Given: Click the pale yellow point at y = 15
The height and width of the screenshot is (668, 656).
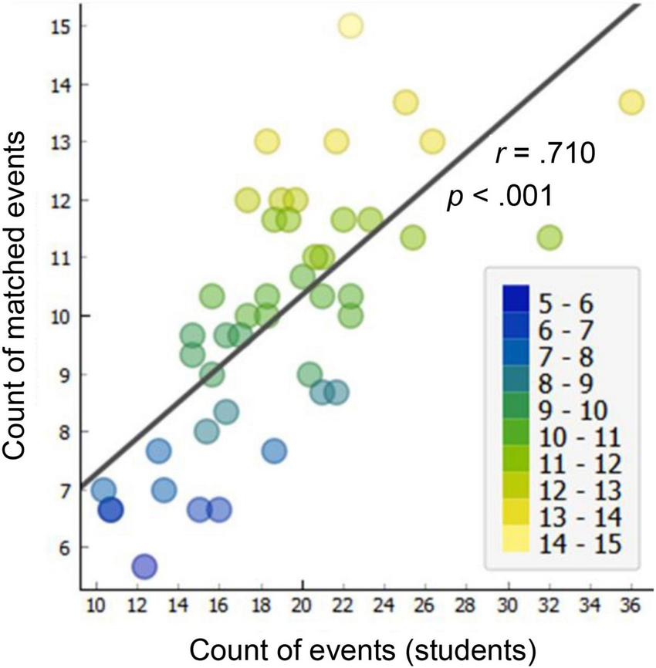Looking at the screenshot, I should click(x=350, y=26).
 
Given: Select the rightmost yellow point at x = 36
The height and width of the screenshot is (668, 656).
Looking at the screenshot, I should click(x=631, y=103).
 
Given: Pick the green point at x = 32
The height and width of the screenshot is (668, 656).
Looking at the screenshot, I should click(x=549, y=238).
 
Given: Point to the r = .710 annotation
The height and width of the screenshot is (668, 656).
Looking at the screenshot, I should click(x=545, y=155).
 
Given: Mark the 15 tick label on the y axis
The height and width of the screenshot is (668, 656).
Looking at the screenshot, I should click(x=59, y=26).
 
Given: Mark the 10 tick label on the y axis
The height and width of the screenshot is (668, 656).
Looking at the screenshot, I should click(x=59, y=315).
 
